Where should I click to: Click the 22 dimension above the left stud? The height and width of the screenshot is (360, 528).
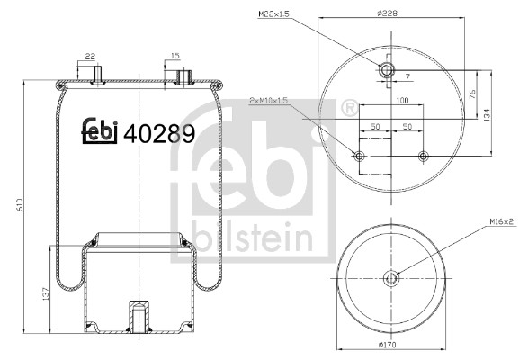coord(90,57)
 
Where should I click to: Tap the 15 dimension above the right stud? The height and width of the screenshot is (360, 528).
coord(175,57)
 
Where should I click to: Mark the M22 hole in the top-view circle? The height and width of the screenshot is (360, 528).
coord(389,71)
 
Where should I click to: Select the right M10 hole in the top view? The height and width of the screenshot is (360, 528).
coord(421,157)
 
